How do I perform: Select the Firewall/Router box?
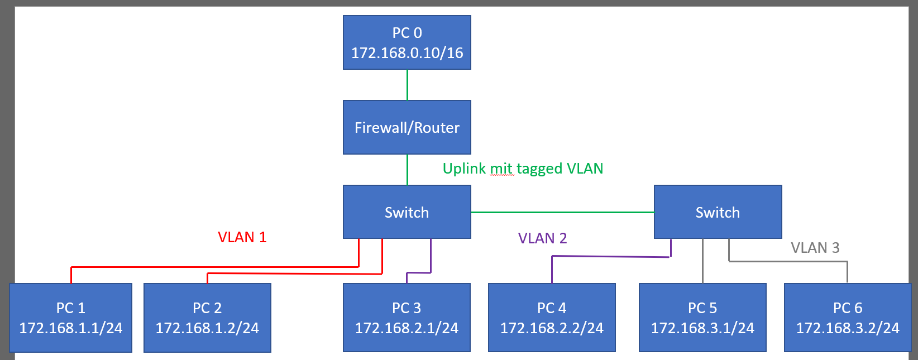(x=407, y=127)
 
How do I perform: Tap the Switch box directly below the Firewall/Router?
(x=407, y=212)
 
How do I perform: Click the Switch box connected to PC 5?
(x=718, y=212)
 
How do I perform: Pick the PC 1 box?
(x=70, y=318)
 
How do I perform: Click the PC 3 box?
(x=407, y=318)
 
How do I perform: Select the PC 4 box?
(x=552, y=318)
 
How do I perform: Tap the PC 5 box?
(x=702, y=318)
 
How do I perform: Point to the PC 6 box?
(x=848, y=318)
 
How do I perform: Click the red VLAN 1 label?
(x=242, y=237)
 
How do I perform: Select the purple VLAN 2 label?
(x=542, y=238)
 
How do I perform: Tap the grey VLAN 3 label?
(x=815, y=248)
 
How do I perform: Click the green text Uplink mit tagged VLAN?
(x=523, y=169)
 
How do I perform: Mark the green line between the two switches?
(x=562, y=212)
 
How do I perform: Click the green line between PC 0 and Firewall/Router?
(x=407, y=85)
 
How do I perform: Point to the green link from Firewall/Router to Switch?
(x=407, y=170)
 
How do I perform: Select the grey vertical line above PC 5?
(x=702, y=261)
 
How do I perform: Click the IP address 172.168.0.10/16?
(x=407, y=53)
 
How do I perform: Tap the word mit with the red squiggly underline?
(x=501, y=169)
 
